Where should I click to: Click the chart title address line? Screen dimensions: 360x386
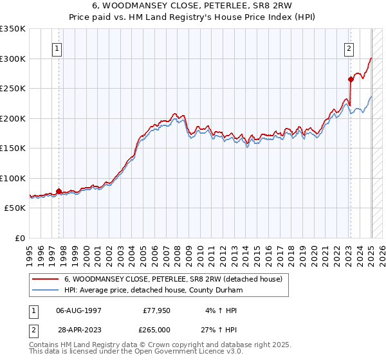click(192, 6)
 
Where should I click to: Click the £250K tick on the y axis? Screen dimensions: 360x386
click(14, 89)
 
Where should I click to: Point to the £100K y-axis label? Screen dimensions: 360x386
click(14, 178)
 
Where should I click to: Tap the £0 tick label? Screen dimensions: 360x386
click(19, 238)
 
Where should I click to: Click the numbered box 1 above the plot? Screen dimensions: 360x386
click(58, 48)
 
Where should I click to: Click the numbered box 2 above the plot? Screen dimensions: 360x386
click(349, 48)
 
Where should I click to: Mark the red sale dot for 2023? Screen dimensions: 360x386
click(351, 80)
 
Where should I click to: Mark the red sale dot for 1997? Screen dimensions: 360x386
click(59, 191)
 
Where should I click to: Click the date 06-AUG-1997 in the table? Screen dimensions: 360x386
click(79, 310)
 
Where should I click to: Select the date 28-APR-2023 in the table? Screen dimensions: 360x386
click(79, 329)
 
